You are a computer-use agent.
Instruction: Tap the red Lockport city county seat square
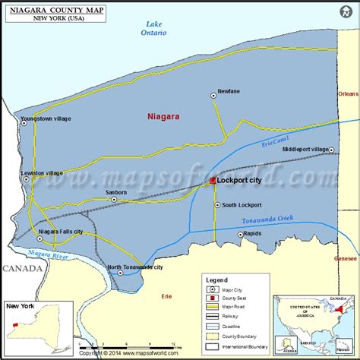pyautogui.click(x=213, y=181)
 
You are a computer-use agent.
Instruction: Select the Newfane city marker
pyautogui.click(x=213, y=96)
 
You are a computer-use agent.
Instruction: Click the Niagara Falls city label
pyautogui.click(x=62, y=231)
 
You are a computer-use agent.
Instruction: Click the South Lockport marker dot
pyautogui.click(x=216, y=205)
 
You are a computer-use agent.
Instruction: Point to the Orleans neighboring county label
pyautogui.click(x=348, y=93)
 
